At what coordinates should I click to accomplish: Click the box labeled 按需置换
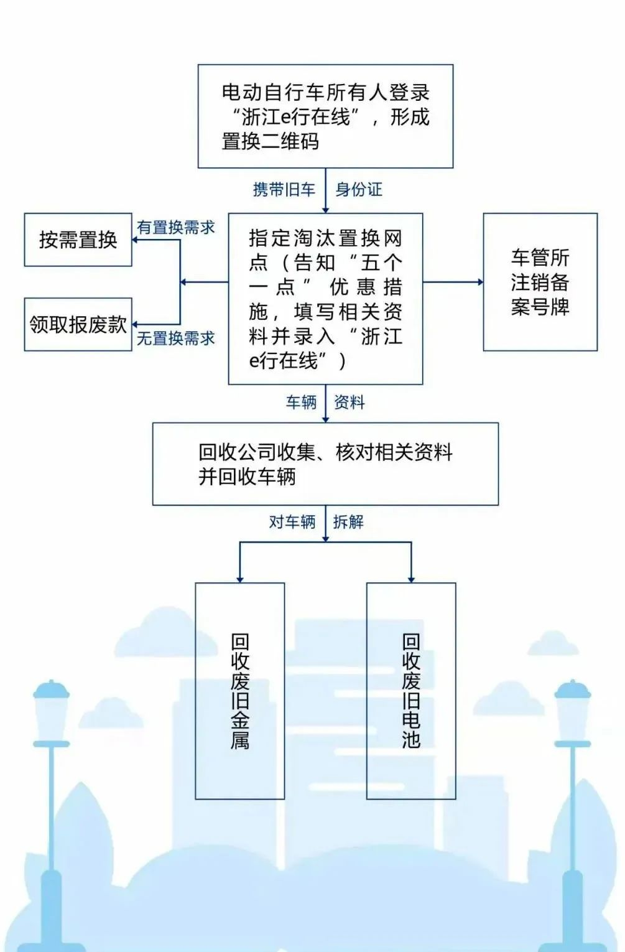78,240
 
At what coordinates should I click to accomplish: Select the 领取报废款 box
78,324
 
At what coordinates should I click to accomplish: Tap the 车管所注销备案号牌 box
540,282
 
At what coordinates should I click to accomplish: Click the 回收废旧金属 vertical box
240,691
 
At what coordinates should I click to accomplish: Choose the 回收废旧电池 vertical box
411,691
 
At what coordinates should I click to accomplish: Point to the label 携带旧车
284,190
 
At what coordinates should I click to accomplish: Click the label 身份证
359,190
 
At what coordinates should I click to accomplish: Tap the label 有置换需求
176,228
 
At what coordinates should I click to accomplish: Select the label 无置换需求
176,338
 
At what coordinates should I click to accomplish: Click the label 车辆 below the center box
301,403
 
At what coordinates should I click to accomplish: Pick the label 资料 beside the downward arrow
350,403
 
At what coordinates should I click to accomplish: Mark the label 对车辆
292,522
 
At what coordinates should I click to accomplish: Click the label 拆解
348,522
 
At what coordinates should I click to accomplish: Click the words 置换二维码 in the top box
271,141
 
